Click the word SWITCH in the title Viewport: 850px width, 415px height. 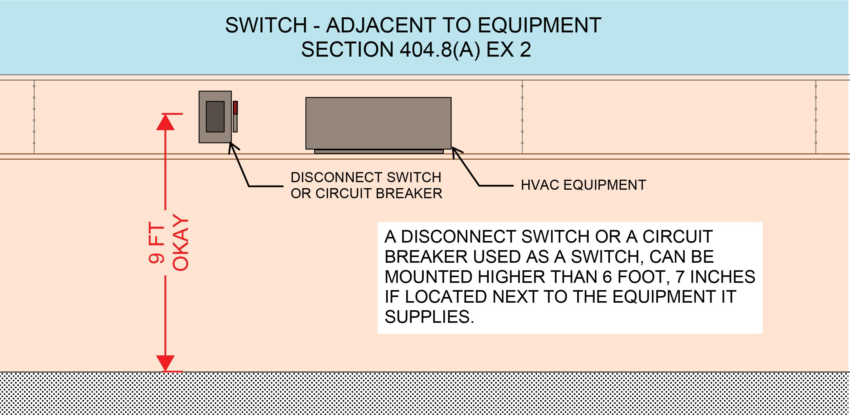click(x=266, y=25)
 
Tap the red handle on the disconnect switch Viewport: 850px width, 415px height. click(x=236, y=108)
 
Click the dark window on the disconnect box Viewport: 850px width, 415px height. click(x=215, y=117)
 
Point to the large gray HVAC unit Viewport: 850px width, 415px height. click(x=378, y=123)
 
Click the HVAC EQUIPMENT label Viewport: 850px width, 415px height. click(x=583, y=185)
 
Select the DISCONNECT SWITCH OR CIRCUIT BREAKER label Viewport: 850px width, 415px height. click(x=366, y=185)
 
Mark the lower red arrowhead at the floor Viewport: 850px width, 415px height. click(x=165, y=363)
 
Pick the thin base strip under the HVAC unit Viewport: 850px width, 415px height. click(x=379, y=151)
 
